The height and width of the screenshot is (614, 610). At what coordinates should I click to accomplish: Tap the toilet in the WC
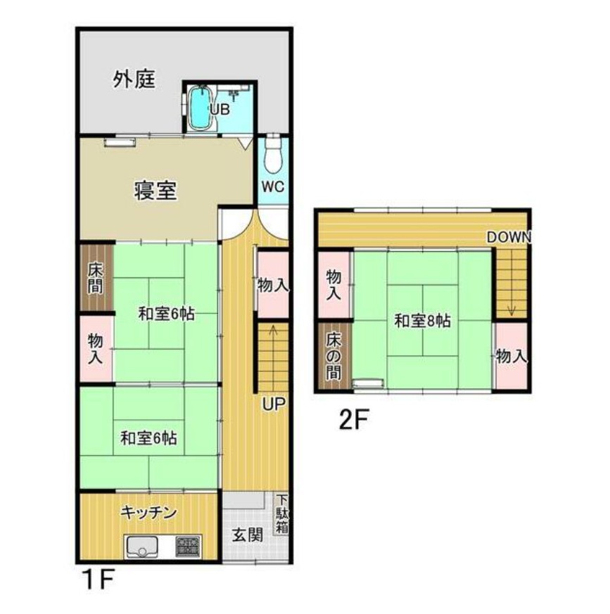[x=273, y=153]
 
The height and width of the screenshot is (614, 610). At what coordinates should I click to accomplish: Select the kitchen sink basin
[x=142, y=547]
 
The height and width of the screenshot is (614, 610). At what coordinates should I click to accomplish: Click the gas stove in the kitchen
[x=188, y=546]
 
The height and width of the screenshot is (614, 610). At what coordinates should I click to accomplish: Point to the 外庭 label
[x=134, y=79]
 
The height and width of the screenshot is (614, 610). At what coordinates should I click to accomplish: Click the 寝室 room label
[x=155, y=191]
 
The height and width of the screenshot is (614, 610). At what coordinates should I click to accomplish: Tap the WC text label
[x=273, y=187]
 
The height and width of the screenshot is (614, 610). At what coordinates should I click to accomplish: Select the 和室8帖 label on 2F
[x=423, y=321]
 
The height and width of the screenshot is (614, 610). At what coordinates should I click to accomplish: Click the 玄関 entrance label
[x=248, y=535]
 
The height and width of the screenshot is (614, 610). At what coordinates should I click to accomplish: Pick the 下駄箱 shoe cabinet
[x=281, y=513]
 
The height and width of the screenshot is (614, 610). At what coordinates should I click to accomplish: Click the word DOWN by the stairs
[x=509, y=237]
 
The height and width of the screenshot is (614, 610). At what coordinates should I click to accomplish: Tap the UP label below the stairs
[x=274, y=404]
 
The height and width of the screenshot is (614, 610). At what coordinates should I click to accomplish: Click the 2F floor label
[x=354, y=419]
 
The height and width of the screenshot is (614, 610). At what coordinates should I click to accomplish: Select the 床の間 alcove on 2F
[x=334, y=356]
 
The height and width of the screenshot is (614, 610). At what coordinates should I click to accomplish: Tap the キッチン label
[x=149, y=512]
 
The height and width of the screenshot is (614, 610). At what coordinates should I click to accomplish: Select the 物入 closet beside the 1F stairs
[x=273, y=285]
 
